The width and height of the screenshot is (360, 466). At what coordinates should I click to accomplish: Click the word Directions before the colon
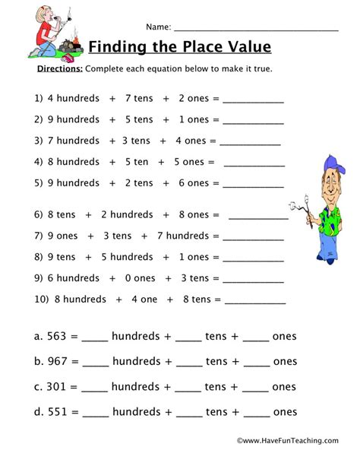tap(59, 68)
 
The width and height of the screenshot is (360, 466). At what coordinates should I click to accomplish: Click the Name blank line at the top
tap(257, 27)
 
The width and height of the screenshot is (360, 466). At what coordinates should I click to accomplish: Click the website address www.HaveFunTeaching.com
tap(288, 439)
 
